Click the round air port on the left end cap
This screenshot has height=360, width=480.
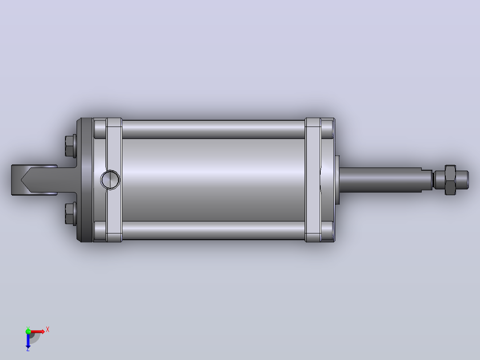(x=110, y=180)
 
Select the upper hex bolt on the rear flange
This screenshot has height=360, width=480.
(x=70, y=146)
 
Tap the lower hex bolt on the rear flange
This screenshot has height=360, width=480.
(x=70, y=214)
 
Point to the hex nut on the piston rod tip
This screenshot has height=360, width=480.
(x=450, y=180)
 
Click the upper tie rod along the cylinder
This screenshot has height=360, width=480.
(x=213, y=129)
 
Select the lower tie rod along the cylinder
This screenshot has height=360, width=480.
(x=213, y=230)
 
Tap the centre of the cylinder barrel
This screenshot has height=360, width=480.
(x=213, y=180)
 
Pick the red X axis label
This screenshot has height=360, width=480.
(x=48, y=330)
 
